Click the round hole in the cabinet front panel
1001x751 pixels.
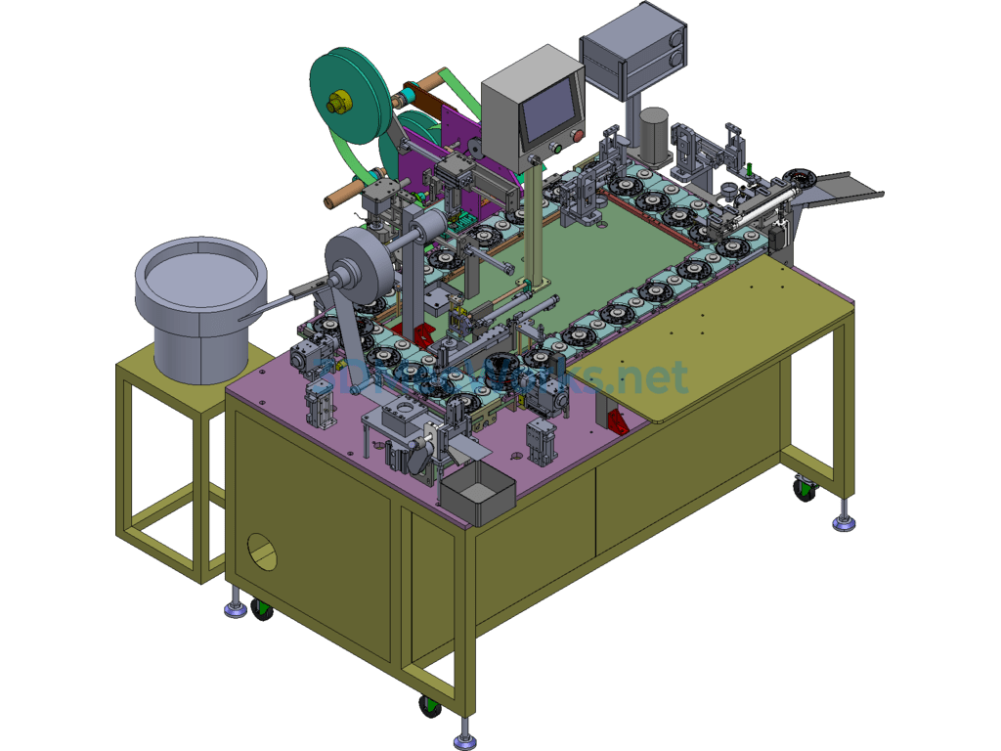262,552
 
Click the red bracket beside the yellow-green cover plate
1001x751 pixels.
618,422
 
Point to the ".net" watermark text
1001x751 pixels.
651,376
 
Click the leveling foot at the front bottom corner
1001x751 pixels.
466,729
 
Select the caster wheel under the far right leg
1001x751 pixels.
804,486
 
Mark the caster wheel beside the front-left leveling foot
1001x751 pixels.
261,609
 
